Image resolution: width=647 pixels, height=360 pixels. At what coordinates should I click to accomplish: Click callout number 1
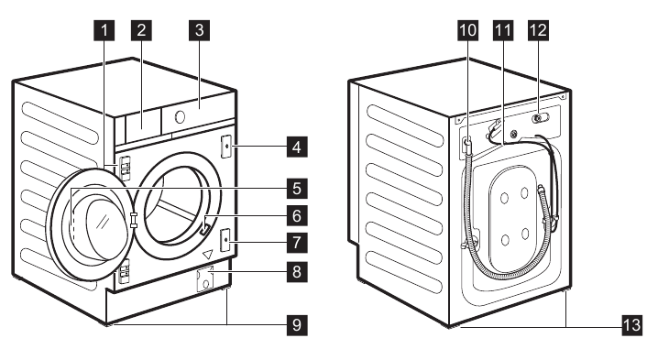click(107, 29)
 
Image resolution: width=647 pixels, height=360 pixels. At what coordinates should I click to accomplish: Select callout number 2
click(140, 29)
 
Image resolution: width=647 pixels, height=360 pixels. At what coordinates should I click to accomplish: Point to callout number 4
click(295, 145)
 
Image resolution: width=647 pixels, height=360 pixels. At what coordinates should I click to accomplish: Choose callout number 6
click(295, 216)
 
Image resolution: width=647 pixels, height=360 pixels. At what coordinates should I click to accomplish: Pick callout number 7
click(295, 243)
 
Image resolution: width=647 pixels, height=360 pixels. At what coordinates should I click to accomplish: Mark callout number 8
click(295, 272)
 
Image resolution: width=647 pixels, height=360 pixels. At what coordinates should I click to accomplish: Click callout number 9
click(295, 323)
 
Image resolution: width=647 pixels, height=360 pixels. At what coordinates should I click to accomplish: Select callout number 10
click(466, 29)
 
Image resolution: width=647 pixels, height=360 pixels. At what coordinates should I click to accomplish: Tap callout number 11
click(501, 29)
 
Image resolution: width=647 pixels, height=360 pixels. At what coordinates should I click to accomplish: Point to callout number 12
click(537, 29)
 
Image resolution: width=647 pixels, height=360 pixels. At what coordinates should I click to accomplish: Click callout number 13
click(631, 323)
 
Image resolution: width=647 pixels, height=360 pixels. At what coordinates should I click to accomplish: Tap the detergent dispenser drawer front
click(138, 123)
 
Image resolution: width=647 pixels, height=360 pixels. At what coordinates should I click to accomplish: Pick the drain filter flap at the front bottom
click(205, 278)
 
